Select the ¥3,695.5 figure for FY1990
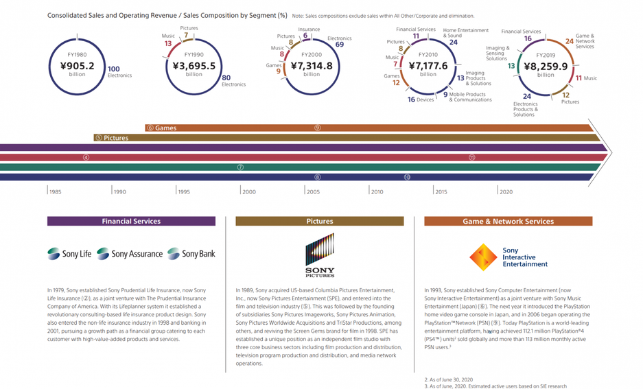pos(194,67)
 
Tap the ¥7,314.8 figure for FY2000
pos(311,67)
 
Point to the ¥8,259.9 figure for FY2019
pos(546,67)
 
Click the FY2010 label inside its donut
pos(428,54)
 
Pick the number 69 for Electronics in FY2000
pos(339,45)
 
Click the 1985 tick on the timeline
pos(55,191)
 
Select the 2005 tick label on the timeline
pos(313,191)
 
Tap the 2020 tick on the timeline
pos(506,191)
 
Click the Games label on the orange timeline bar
pos(165,128)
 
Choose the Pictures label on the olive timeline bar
pos(115,138)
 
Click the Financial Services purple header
pos(131,222)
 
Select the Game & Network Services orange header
pos(508,222)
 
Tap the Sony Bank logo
pos(191,254)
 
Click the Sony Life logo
pos(69,254)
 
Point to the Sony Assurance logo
pos(130,254)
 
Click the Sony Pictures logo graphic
pos(320,250)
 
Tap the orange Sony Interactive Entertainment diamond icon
pos(483,257)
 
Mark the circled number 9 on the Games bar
pos(317,128)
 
